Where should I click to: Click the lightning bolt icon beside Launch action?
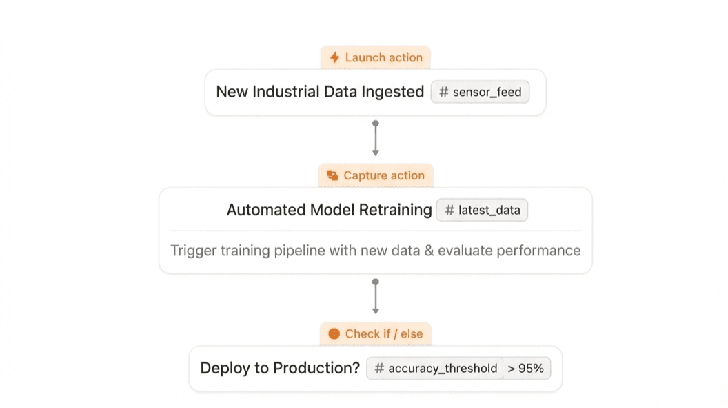click(x=334, y=57)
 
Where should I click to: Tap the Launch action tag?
click(x=376, y=57)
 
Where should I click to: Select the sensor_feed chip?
click(x=480, y=92)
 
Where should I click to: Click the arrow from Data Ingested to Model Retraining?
click(x=376, y=139)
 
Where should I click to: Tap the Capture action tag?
click(x=376, y=175)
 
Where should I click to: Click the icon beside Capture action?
click(x=332, y=175)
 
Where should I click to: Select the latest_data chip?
click(x=482, y=210)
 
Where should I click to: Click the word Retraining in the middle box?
click(x=396, y=210)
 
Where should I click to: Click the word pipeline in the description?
click(x=300, y=251)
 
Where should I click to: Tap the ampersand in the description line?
click(x=428, y=251)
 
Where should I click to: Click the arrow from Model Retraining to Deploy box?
click(x=376, y=298)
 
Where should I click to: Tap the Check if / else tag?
click(x=376, y=333)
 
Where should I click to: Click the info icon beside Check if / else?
click(x=334, y=333)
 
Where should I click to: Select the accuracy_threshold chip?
click(x=436, y=369)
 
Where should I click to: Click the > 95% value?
click(x=526, y=369)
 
